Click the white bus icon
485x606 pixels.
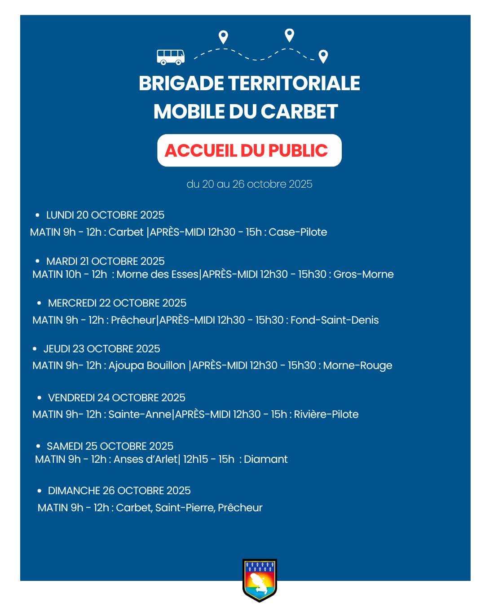click(171, 57)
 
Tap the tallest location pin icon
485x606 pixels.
click(290, 35)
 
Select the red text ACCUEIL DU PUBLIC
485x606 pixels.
click(246, 151)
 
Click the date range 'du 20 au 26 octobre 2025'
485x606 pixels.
click(249, 184)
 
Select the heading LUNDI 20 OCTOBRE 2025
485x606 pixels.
click(105, 215)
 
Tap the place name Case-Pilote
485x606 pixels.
click(298, 232)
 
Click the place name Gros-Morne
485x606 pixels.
click(363, 274)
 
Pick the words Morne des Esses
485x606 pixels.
click(157, 274)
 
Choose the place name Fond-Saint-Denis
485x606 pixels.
click(335, 320)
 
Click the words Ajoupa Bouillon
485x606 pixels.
click(147, 366)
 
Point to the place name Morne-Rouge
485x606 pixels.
click(357, 366)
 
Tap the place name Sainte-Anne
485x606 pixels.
click(140, 414)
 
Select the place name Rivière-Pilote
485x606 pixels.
click(326, 414)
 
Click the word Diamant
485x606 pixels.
click(266, 459)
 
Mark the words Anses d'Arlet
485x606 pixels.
click(145, 459)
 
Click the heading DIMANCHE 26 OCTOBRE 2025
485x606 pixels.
click(119, 491)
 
